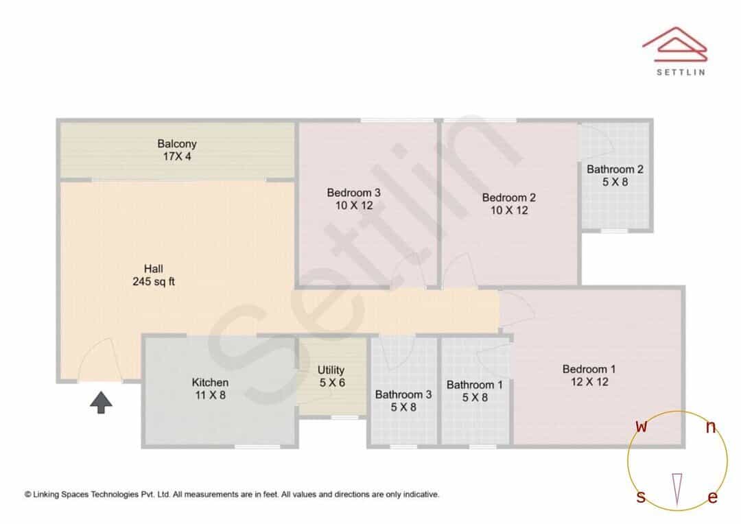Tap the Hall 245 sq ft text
tap(154, 275)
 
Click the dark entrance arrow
tap(101, 403)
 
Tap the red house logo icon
tap(675, 45)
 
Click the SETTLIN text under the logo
tap(681, 72)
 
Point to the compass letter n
tap(711, 427)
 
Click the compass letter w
tap(642, 426)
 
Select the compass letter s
tap(641, 497)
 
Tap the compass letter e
tap(713, 497)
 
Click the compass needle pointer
tap(677, 489)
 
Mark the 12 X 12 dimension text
tap(589, 382)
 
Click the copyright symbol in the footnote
tap(28, 495)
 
